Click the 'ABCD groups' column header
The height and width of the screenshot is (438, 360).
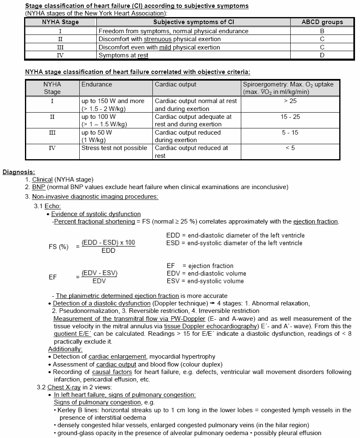(322, 22)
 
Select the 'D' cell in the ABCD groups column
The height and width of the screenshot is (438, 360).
(322, 55)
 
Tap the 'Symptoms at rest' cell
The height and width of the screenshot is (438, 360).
(123, 55)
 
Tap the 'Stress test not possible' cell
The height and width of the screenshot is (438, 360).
(114, 148)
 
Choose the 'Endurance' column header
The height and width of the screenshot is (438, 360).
(97, 84)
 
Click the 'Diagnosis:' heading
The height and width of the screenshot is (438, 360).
(19, 172)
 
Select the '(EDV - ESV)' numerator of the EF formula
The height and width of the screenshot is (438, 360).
(100, 273)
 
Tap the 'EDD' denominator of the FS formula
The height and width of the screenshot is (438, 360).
(108, 251)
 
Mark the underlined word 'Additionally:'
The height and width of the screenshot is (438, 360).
(65, 349)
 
